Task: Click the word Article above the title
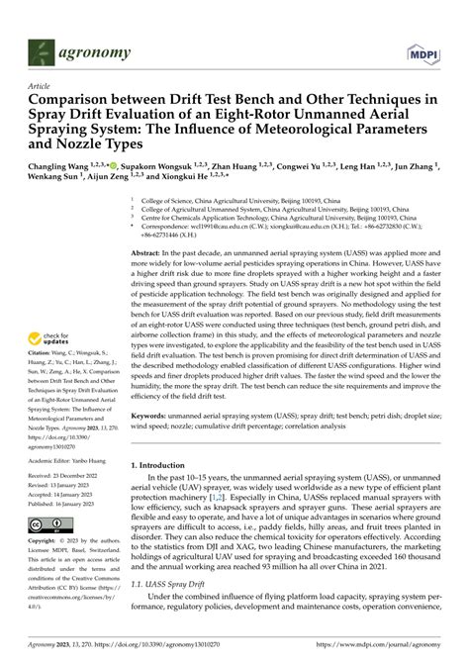(x=40, y=86)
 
